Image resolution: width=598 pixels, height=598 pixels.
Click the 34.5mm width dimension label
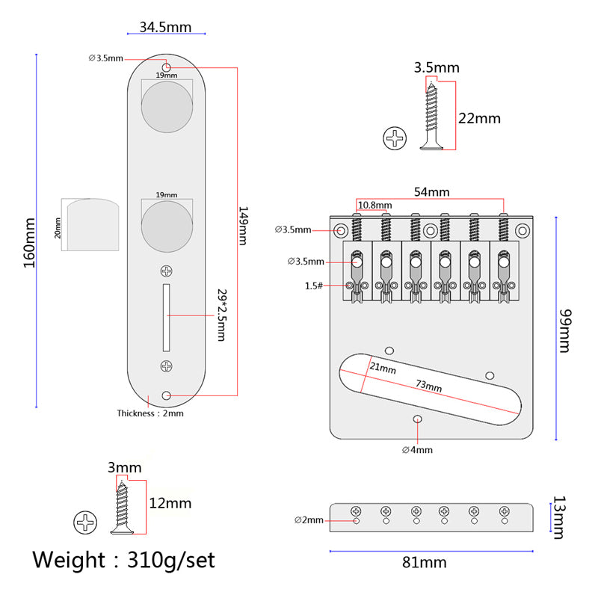point(166,28)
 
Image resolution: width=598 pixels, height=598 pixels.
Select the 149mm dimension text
point(244,226)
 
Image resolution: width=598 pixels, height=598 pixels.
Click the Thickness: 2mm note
point(149,413)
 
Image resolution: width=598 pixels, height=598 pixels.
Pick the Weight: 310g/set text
point(123,559)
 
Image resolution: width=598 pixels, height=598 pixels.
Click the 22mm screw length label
point(478,118)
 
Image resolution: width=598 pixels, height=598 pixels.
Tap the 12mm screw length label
point(170,503)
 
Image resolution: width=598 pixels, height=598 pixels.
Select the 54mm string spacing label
point(432,192)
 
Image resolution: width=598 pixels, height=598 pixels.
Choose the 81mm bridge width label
point(425,562)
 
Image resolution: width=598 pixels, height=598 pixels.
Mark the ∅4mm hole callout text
point(417,449)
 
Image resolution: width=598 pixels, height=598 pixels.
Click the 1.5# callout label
point(314,286)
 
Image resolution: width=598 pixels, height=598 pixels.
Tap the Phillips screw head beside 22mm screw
point(395,138)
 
